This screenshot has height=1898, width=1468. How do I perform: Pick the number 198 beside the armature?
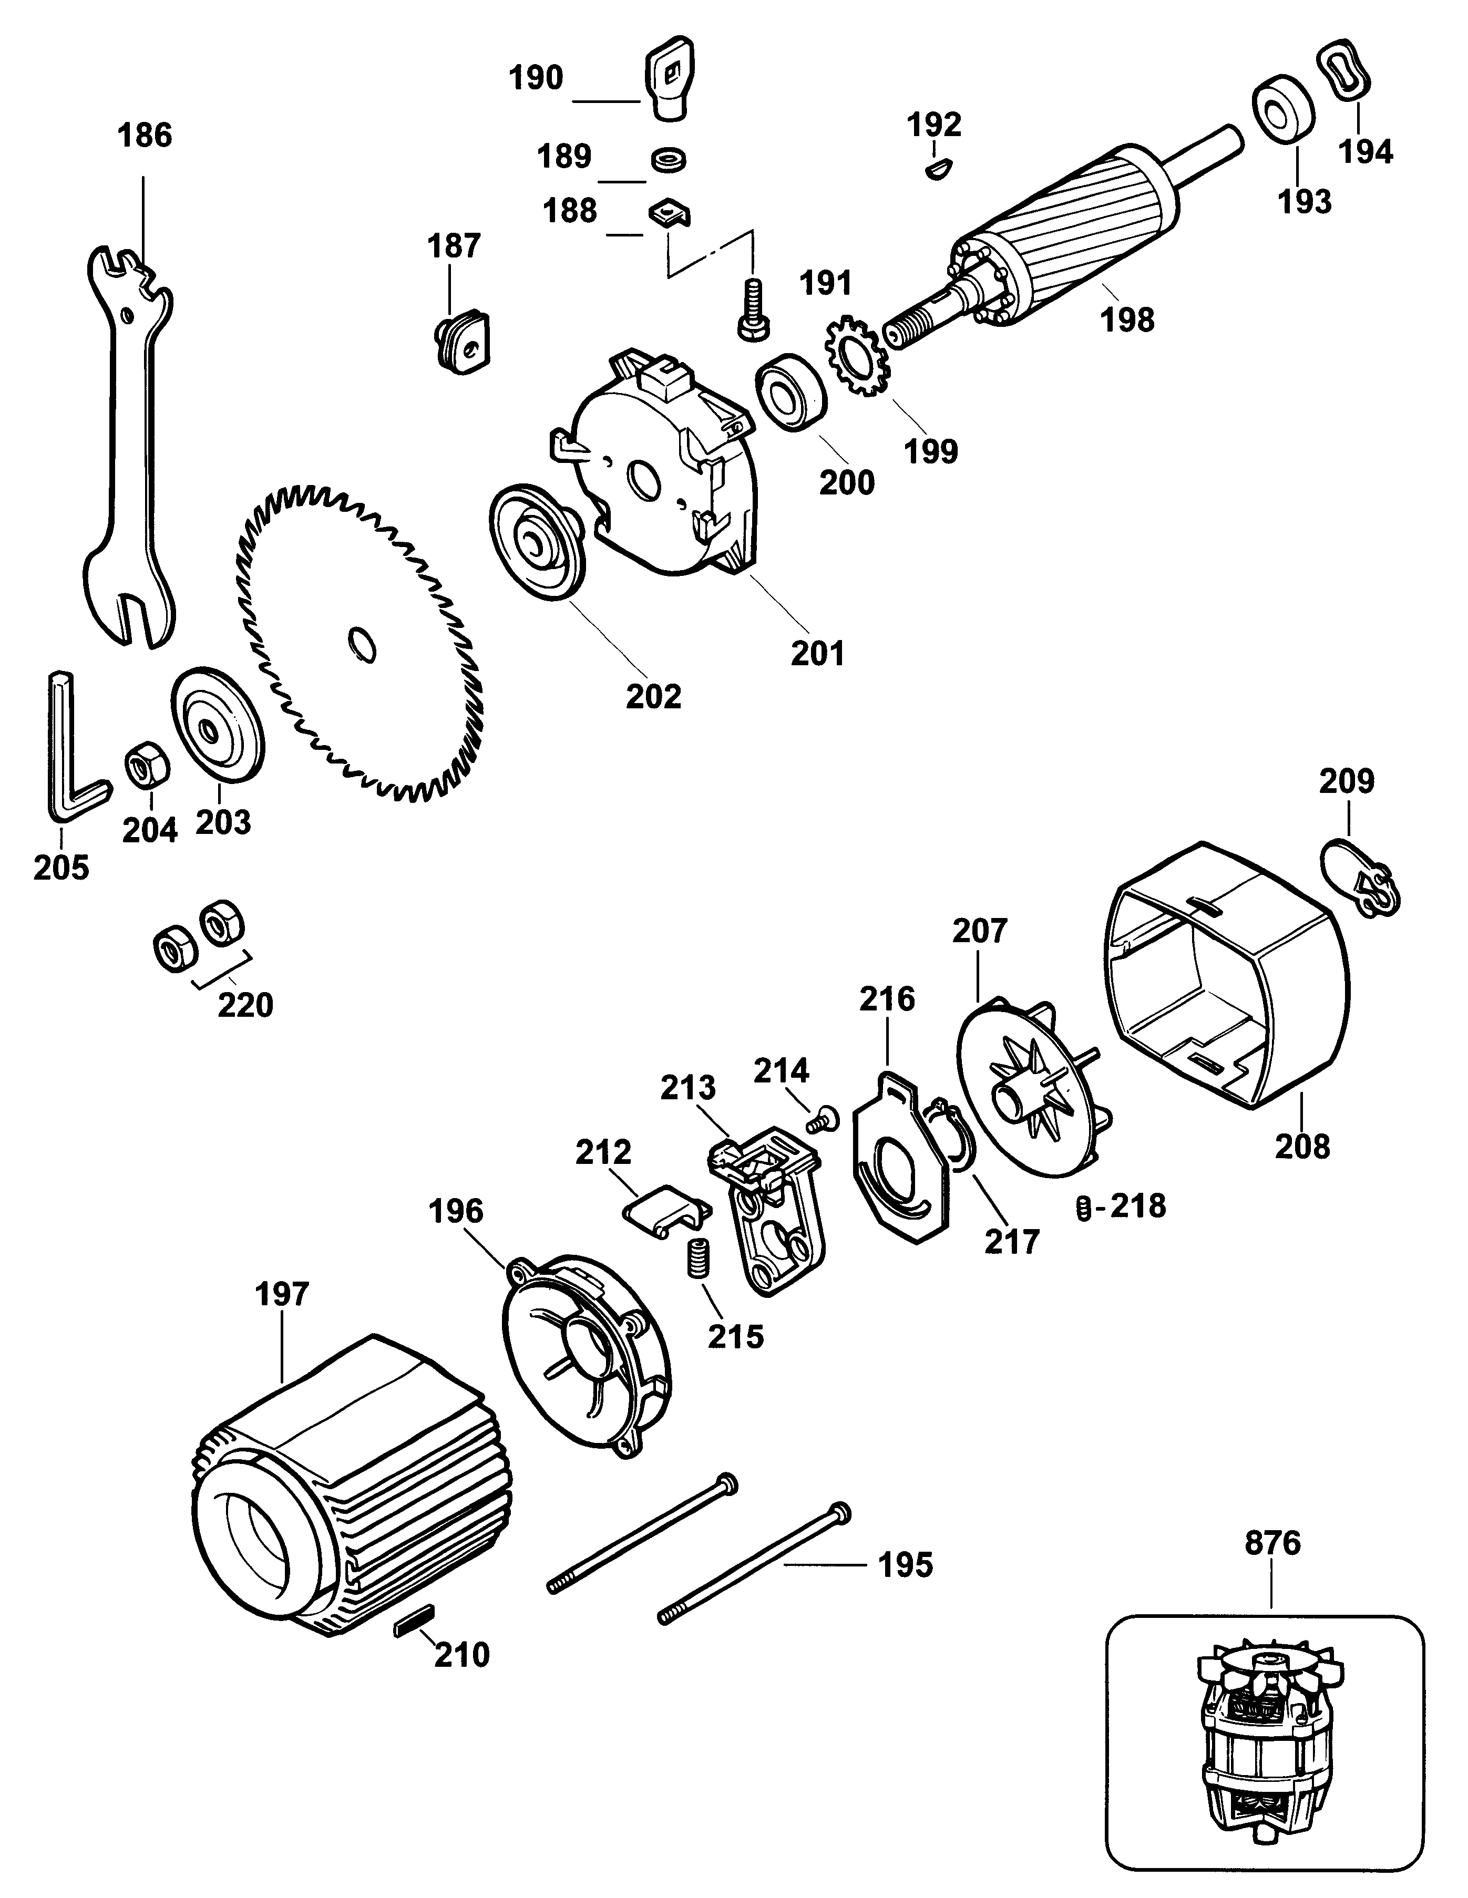(1127, 320)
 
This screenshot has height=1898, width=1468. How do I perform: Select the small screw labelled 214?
(822, 1120)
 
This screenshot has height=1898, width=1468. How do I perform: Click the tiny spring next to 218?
(1082, 1208)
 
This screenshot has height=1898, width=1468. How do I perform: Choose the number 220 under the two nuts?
(245, 1006)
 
